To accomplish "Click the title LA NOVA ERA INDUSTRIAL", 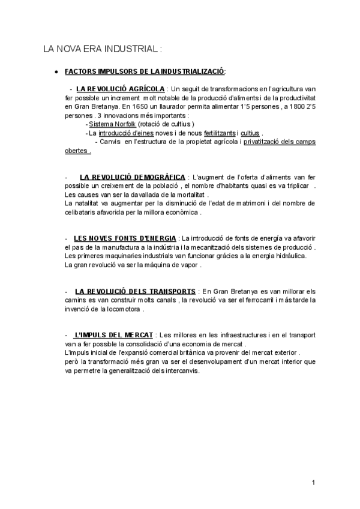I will point(103,49).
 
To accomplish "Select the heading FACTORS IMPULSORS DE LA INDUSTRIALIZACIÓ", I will point(144,71).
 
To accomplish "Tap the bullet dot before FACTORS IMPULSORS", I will point(56,71).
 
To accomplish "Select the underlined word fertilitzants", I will point(220,133).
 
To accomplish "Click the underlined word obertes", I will point(77,151).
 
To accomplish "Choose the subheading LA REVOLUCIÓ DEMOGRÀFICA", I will point(132,177).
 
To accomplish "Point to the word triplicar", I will point(297,186).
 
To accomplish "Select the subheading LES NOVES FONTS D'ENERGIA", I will point(124,238).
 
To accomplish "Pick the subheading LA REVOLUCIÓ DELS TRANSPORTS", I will point(135,291).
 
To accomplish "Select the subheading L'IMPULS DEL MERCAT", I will point(114,334).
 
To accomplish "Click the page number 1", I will point(314,483).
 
